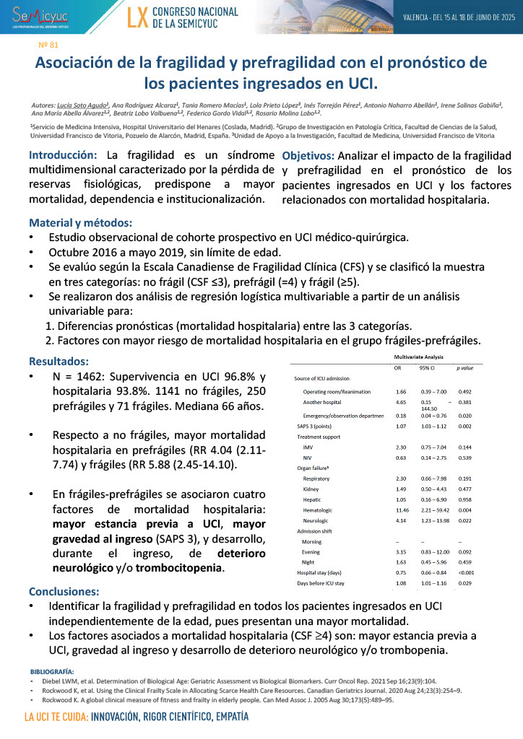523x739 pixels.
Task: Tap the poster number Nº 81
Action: point(48,45)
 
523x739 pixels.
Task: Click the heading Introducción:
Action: point(63,155)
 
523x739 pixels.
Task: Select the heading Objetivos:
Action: point(308,156)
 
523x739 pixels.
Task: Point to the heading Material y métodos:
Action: point(80,222)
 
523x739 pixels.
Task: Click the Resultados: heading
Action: point(59,362)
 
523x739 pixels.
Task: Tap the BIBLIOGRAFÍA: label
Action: point(57,671)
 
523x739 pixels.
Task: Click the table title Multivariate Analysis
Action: point(419,357)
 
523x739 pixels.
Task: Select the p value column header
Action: point(466,368)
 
